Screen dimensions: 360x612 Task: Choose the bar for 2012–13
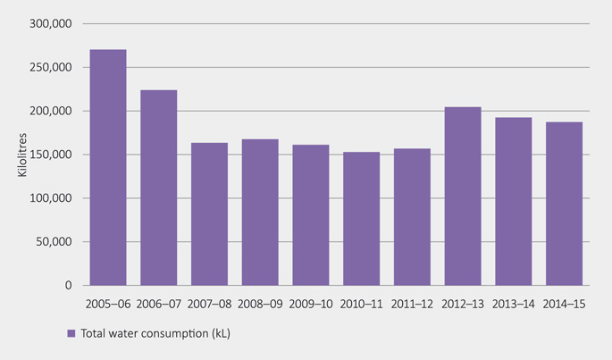[463, 197]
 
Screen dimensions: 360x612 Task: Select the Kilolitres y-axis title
[22, 155]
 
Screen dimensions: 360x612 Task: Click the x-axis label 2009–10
[310, 304]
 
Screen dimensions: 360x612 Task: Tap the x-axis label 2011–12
[412, 304]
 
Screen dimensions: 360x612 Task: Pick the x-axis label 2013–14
[513, 304]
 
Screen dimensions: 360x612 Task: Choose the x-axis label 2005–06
[108, 304]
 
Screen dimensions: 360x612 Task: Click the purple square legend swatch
[71, 334]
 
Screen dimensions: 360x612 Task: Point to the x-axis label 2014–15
[564, 304]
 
